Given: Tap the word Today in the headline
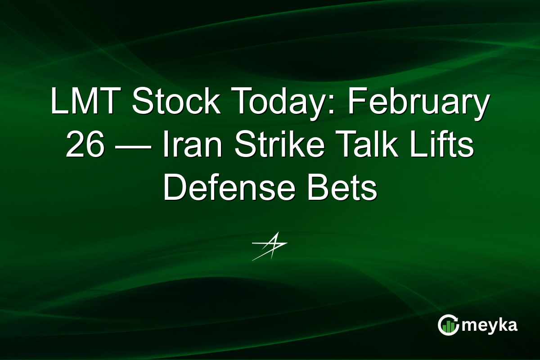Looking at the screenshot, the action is coord(283,103).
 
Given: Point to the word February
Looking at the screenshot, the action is coord(418,103).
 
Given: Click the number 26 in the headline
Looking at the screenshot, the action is coord(85,144).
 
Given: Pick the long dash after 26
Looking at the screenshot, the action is coord(134,147).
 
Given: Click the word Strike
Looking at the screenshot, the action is coord(279,144).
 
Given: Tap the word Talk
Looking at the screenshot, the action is coord(366,144).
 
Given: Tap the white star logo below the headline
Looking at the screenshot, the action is coord(270,246).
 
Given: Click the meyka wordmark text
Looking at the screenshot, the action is coord(490,326).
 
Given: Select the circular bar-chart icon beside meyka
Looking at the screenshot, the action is coord(448,325).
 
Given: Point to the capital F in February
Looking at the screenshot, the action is coord(357,100).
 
